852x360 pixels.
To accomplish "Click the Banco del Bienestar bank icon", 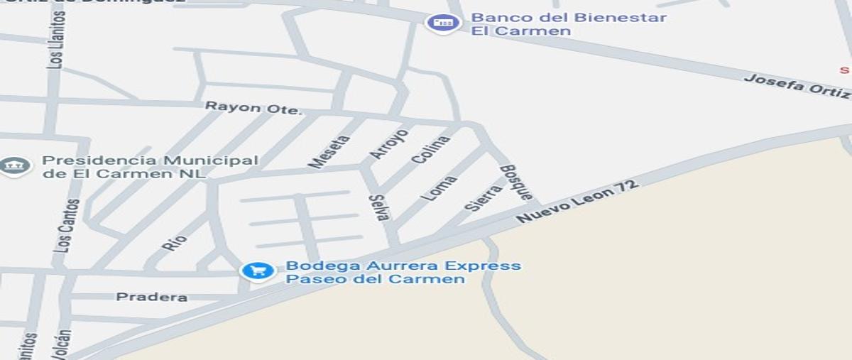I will coord(443,23).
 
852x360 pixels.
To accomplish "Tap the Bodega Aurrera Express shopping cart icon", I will coord(257,271).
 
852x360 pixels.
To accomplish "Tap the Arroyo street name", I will coord(389,143).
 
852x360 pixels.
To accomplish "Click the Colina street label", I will coord(431,151).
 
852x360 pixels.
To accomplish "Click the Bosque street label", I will coord(516,182).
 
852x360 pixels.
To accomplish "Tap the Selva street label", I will coord(378,207).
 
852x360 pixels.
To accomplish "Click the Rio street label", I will coord(174,242).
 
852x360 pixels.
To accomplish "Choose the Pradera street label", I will coord(152,297).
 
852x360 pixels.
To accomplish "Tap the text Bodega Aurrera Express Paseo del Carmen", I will coord(403,272).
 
